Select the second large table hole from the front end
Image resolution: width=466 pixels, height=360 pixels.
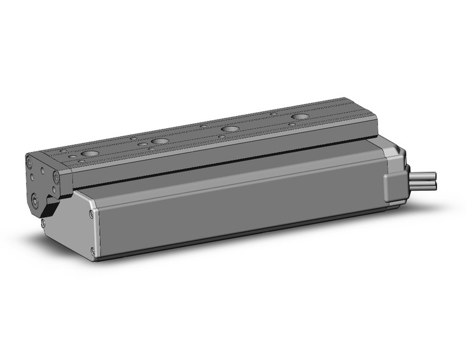pos(159,141)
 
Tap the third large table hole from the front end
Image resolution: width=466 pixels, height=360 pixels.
pos(230,129)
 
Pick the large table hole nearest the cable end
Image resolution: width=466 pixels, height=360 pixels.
pos(300,117)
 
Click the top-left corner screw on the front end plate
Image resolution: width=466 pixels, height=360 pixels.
pos(29,161)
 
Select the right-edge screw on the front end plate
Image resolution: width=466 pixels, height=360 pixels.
pos(56,177)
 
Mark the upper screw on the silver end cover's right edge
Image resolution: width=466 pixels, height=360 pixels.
pos(91,214)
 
